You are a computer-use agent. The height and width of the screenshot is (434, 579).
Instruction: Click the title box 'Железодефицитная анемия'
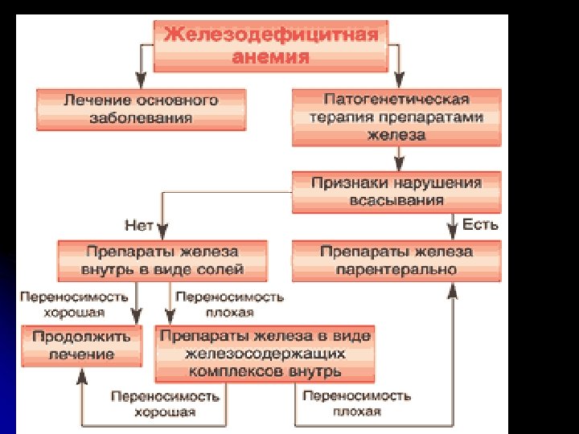(x=272, y=46)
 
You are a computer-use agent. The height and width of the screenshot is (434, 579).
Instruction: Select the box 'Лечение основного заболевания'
(x=142, y=109)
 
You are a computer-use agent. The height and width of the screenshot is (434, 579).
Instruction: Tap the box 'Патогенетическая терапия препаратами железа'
(x=396, y=117)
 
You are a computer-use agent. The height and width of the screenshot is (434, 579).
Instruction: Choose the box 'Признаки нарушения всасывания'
(x=396, y=191)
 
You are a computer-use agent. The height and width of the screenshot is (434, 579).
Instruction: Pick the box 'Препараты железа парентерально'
(x=396, y=260)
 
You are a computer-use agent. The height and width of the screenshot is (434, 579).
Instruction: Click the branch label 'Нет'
(x=138, y=226)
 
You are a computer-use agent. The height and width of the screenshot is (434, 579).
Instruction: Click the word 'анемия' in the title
(x=272, y=57)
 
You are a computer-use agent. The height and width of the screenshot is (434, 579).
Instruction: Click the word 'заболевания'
(x=142, y=118)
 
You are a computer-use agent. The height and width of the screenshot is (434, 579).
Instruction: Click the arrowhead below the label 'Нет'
(x=163, y=231)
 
